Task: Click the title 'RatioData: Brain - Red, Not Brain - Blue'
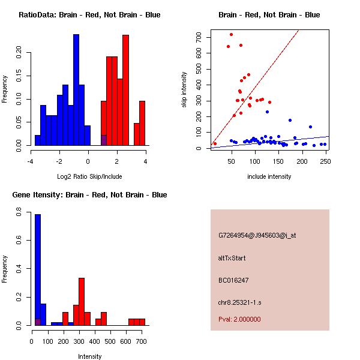coord(89,15)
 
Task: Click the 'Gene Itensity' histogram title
coord(89,195)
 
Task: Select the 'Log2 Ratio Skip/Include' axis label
coord(89,176)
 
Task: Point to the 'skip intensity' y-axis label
coord(185,90)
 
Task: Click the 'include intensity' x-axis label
coord(269,176)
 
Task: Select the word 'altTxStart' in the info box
coord(232,258)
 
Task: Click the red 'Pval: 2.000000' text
coord(239,319)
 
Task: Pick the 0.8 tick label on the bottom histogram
coord(20,212)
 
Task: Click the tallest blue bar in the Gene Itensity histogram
coord(37,270)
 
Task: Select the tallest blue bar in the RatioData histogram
coord(76,90)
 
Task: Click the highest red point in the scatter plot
coord(231,34)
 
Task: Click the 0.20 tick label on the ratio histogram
coord(20,52)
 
